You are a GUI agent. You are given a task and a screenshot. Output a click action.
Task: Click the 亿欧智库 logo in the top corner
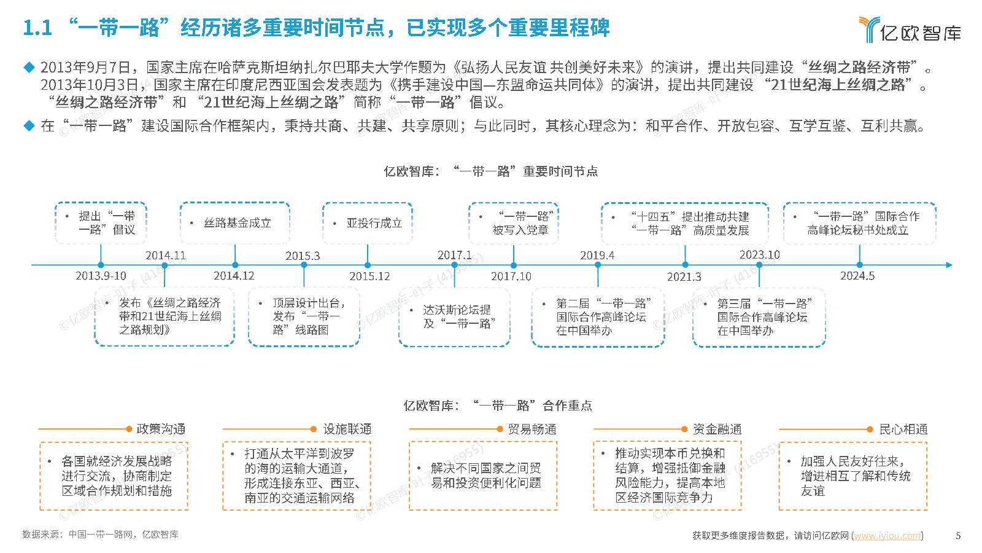(909, 29)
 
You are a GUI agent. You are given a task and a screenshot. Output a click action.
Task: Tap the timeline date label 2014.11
(165, 255)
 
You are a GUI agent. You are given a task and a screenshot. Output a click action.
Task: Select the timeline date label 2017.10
(511, 276)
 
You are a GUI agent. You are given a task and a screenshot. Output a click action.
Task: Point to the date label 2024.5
(857, 276)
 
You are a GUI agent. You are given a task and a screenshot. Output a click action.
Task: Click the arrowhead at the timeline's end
(949, 265)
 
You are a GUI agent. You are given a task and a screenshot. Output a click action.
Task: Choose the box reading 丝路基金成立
(235, 223)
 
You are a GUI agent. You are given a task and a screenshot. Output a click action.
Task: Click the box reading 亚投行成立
(368, 223)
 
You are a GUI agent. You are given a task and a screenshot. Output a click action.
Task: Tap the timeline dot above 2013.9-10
(101, 265)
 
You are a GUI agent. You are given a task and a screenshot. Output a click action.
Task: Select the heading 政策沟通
(161, 429)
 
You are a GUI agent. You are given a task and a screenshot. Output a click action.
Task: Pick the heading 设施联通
(347, 429)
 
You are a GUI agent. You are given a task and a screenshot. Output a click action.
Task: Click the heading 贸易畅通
(532, 429)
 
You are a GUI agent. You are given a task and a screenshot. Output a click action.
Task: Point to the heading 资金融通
(717, 429)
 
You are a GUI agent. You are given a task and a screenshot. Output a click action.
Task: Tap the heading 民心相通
(903, 429)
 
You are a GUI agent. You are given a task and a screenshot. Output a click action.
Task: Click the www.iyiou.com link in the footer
(887, 535)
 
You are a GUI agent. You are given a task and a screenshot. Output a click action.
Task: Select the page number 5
(958, 535)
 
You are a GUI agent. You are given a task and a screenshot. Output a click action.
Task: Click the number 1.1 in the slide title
(37, 28)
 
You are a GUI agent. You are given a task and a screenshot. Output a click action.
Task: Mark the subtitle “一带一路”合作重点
(533, 406)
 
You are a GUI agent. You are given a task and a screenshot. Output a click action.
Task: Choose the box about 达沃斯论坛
(455, 317)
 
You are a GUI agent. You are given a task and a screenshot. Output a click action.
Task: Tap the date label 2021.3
(684, 276)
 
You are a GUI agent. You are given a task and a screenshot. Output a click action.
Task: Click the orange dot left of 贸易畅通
(500, 429)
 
